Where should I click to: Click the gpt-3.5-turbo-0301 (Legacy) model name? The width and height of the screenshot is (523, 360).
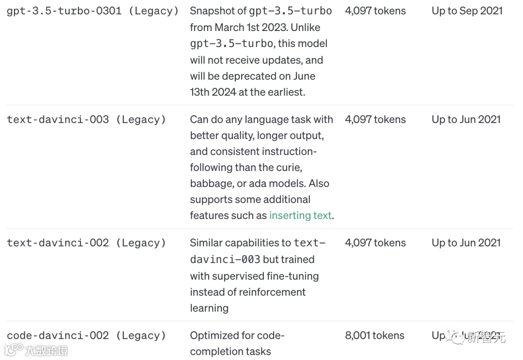92,11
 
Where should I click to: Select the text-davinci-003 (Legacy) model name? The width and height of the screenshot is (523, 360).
86,120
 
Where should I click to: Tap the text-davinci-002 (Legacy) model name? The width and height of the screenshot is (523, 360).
86,243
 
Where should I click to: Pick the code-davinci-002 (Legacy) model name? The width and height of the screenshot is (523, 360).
86,336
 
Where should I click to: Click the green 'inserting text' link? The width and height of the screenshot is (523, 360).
300,216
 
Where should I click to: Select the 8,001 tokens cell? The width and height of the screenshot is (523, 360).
374,336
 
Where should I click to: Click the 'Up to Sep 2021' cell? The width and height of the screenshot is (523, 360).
467,11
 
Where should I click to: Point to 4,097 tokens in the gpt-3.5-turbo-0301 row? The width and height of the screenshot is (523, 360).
375,11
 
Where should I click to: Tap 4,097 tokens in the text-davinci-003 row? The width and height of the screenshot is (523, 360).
375,120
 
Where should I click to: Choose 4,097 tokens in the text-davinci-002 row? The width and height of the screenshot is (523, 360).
375,243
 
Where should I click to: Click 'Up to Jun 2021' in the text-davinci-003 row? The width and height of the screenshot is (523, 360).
466,120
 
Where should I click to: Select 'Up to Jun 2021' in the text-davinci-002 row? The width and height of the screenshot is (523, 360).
466,243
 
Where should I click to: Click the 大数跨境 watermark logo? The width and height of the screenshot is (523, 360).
36,350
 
